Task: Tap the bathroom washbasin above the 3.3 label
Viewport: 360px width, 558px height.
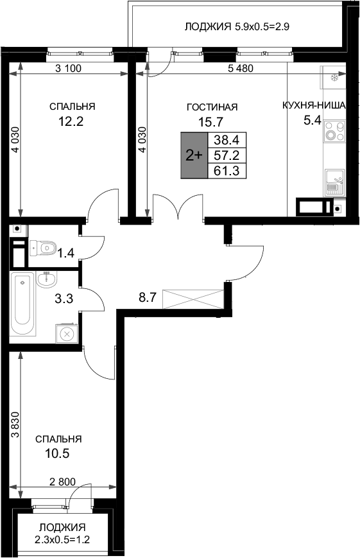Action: [x=45, y=279]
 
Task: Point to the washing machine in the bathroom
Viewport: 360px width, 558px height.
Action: [x=66, y=334]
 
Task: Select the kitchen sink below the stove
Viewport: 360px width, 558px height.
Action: [x=334, y=182]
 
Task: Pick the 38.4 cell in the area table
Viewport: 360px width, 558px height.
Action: [x=227, y=140]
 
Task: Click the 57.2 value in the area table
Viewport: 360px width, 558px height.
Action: [x=227, y=155]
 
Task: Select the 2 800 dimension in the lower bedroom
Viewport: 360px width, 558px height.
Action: [x=62, y=481]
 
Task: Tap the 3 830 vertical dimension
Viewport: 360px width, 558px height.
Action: [x=14, y=425]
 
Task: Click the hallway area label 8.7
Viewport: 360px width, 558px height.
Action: [x=148, y=298]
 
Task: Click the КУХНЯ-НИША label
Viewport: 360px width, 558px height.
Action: [x=315, y=106]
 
